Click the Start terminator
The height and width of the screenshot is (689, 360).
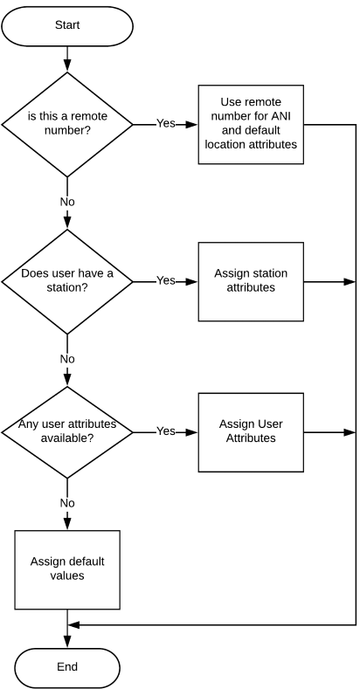(x=67, y=26)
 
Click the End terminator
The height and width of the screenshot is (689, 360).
(x=67, y=667)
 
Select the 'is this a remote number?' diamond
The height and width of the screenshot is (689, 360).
(x=67, y=124)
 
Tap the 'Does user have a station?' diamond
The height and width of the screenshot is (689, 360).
(x=67, y=282)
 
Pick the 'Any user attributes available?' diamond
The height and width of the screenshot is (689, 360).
(x=67, y=432)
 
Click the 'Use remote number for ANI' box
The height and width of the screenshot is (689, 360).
(x=251, y=124)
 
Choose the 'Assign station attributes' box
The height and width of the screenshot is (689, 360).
(x=251, y=282)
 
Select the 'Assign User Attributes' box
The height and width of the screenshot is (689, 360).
(x=251, y=432)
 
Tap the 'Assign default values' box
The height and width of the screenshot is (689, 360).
(x=67, y=570)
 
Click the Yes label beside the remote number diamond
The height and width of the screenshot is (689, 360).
(x=166, y=123)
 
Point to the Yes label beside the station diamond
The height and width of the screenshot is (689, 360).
(x=166, y=280)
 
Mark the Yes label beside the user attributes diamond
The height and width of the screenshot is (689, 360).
(x=166, y=431)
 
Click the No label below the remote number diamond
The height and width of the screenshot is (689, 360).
(x=67, y=202)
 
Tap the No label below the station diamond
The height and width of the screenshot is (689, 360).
(x=67, y=359)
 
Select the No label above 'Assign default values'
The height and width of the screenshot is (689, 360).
(x=67, y=503)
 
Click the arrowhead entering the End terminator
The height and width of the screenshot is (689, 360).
(x=67, y=642)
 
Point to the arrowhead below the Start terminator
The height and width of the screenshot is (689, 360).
(x=67, y=65)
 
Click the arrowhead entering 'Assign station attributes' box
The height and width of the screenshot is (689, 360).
(x=192, y=282)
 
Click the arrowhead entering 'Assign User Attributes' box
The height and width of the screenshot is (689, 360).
(x=192, y=432)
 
